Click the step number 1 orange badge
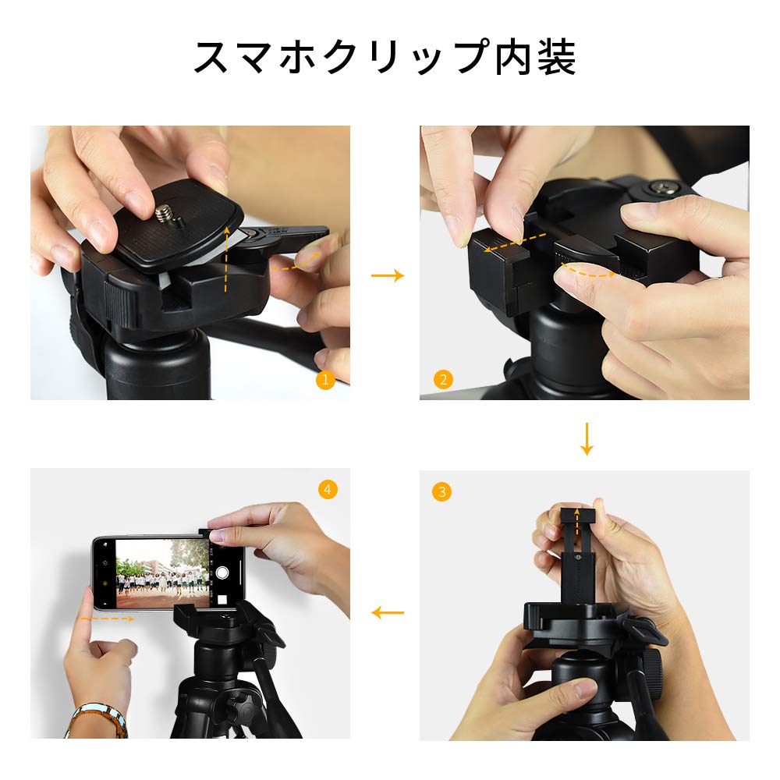pyautogui.click(x=325, y=380)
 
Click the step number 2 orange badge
pyautogui.click(x=442, y=380)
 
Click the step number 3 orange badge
pyautogui.click(x=441, y=491)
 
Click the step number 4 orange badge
pyautogui.click(x=328, y=489)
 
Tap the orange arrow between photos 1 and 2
pyautogui.click(x=387, y=275)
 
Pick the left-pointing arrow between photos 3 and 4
pyautogui.click(x=387, y=612)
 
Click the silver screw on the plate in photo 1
pyautogui.click(x=166, y=213)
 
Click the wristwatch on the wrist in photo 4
pyautogui.click(x=97, y=719)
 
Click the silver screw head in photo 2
pyautogui.click(x=663, y=187)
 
